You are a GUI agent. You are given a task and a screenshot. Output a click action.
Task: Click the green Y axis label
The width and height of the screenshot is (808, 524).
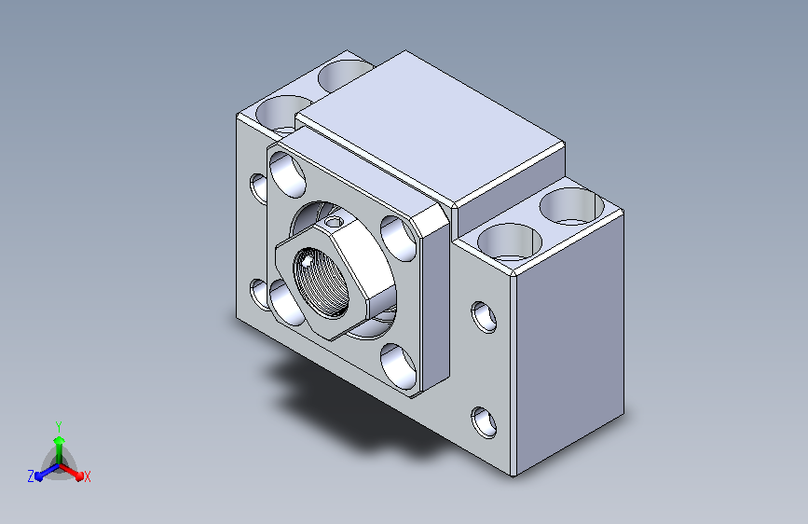(x=59, y=426)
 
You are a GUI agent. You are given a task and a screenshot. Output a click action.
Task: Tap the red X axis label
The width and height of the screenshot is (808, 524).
(x=87, y=476)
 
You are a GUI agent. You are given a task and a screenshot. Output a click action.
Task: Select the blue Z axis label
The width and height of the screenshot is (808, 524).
(x=31, y=476)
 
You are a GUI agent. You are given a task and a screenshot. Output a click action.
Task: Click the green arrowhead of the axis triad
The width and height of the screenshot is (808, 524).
(x=60, y=441)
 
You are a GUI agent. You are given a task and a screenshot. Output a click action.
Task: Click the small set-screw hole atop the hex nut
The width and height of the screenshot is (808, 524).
(x=335, y=222)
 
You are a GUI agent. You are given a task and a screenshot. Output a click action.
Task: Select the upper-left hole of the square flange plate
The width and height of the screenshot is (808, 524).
(x=287, y=174)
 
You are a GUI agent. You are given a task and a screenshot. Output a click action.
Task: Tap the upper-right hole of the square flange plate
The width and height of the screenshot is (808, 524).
(x=398, y=239)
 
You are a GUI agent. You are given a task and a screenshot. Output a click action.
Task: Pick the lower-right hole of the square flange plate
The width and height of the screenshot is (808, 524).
(x=398, y=365)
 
